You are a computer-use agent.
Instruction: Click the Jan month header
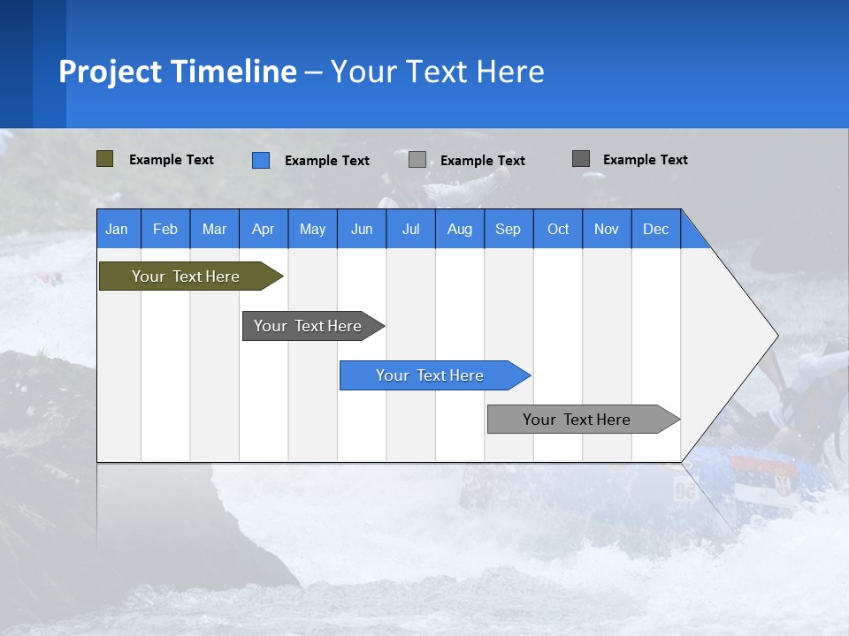pos(117,230)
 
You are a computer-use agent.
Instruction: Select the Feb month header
pos(165,230)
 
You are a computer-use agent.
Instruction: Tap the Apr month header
pos(263,230)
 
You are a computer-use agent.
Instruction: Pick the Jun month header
pos(362,230)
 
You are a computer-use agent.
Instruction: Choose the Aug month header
pos(459,230)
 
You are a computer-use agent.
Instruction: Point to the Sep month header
pos(508,230)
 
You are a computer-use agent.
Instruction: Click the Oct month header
pos(558,230)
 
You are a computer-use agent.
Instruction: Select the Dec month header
pos(655,230)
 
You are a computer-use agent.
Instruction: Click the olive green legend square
pos(104,159)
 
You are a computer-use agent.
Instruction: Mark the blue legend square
pos(261,160)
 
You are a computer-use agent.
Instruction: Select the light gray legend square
pos(417,160)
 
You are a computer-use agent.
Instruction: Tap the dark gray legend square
pos(581,159)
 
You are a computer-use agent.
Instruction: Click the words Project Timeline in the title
pos(177,72)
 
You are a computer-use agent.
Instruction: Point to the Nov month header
pos(607,230)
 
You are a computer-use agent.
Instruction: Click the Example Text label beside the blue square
pos(327,161)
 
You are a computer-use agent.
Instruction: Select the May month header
pos(312,230)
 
